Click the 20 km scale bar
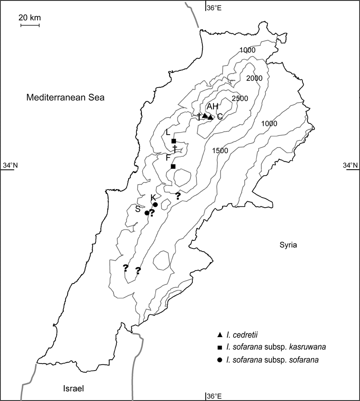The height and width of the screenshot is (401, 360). pyautogui.click(x=30, y=25)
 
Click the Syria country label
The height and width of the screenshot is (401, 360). pyautogui.click(x=288, y=245)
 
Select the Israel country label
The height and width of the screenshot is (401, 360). pyautogui.click(x=73, y=388)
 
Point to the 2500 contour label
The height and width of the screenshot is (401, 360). pyautogui.click(x=240, y=98)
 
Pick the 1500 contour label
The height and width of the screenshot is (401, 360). pyautogui.click(x=220, y=150)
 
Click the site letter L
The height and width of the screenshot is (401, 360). pyautogui.click(x=167, y=133)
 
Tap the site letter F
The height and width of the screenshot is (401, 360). pyautogui.click(x=168, y=158)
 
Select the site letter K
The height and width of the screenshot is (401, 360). pyautogui.click(x=153, y=197)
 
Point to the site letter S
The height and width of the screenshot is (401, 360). pyautogui.click(x=137, y=209)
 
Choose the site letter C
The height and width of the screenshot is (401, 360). pyautogui.click(x=219, y=117)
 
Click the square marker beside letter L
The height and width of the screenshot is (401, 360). pyautogui.click(x=174, y=141)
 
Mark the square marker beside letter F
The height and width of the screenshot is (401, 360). pyautogui.click(x=173, y=167)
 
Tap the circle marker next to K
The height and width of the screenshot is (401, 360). pyautogui.click(x=155, y=204)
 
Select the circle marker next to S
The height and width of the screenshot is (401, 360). pyautogui.click(x=146, y=213)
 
